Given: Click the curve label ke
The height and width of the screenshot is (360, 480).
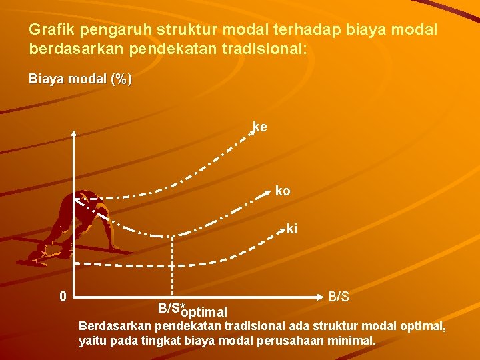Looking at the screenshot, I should pos(260,126).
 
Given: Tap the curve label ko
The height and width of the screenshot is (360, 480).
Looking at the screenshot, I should pos(283,191).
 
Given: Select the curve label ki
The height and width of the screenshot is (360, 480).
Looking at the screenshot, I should pos(292,229).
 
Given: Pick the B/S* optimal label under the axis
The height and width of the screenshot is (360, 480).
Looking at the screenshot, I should pos(192,310).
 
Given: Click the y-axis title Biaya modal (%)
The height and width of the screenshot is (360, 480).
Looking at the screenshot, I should pos(80,79).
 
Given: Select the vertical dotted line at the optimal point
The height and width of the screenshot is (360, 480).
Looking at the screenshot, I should pos(173,267).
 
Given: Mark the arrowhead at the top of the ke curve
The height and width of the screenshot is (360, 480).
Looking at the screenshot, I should pos(253,132).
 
